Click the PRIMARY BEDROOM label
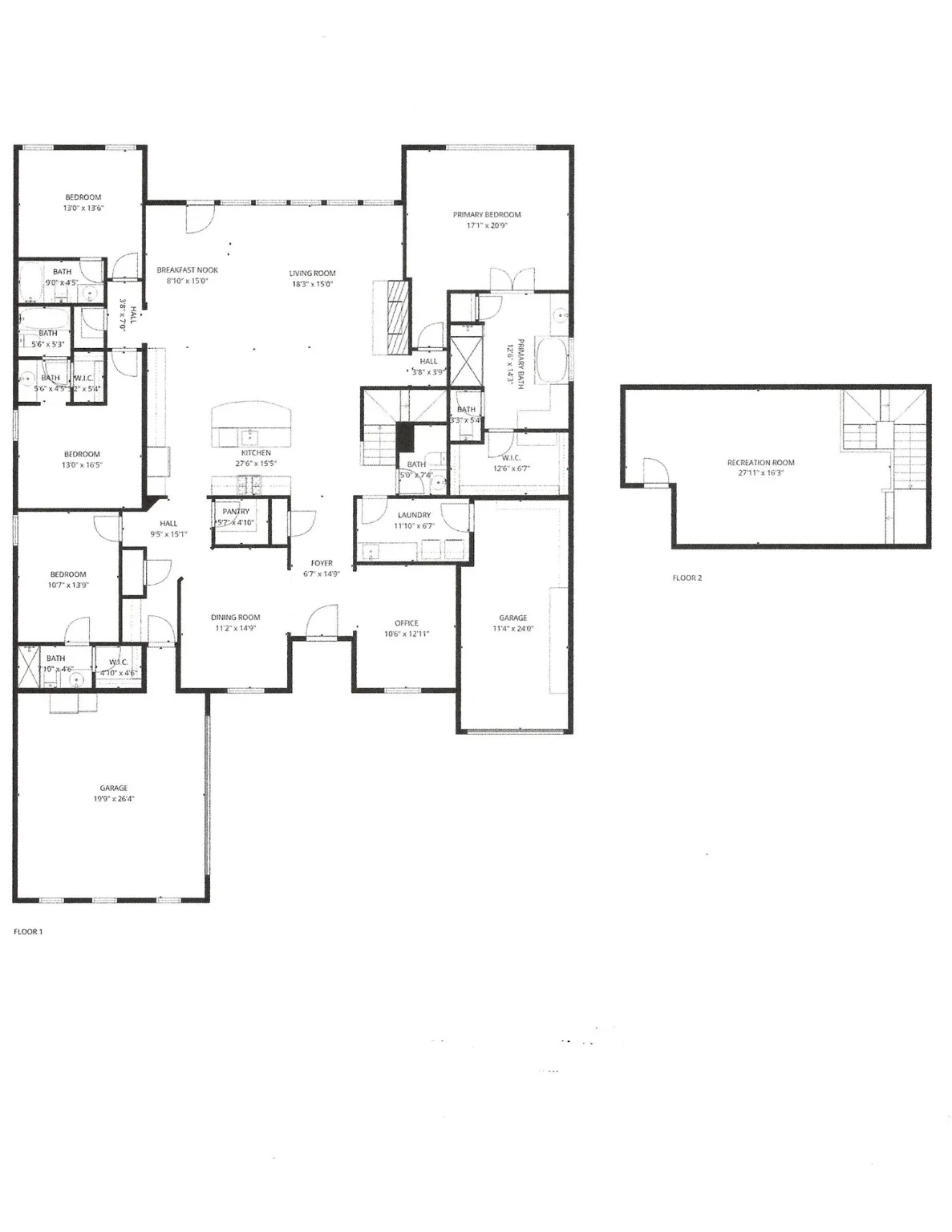(x=486, y=214)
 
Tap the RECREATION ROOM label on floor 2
(x=760, y=462)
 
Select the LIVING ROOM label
(x=312, y=273)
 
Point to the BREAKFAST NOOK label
(x=187, y=270)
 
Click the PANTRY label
(x=236, y=511)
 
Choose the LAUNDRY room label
(x=414, y=515)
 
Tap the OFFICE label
(x=406, y=622)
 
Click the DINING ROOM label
(x=235, y=617)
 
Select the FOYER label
(x=322, y=563)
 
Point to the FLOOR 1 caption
(x=28, y=931)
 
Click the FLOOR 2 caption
(x=687, y=577)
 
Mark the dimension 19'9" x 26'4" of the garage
(x=113, y=799)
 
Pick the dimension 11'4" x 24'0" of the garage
(x=512, y=629)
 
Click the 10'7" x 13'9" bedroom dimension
(x=68, y=585)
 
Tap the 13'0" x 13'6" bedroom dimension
(x=83, y=208)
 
